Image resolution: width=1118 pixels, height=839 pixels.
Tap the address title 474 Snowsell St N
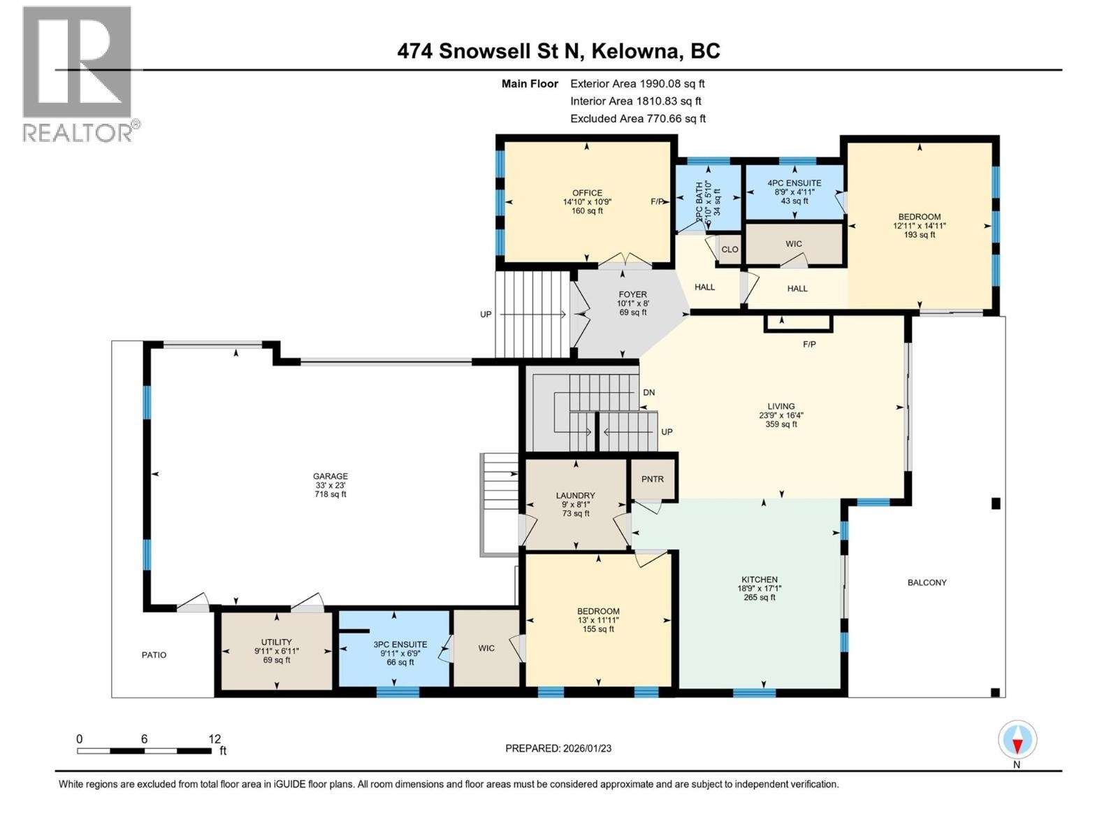(x=558, y=51)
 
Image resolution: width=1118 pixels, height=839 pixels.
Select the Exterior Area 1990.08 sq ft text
(x=637, y=83)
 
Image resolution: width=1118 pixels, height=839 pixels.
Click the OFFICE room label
(x=587, y=193)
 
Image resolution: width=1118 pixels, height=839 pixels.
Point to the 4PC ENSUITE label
(x=794, y=183)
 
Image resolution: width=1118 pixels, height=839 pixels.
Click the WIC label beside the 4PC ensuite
(x=794, y=244)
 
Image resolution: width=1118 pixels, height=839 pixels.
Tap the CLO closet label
(x=729, y=250)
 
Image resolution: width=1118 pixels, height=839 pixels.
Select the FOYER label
(x=632, y=294)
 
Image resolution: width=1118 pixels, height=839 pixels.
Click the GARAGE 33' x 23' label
(x=331, y=485)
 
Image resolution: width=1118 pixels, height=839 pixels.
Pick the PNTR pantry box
(x=653, y=479)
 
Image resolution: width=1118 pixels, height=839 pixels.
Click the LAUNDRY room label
(x=576, y=495)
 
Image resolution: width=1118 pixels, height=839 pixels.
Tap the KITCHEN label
(x=760, y=580)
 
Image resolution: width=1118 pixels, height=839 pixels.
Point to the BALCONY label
(x=927, y=582)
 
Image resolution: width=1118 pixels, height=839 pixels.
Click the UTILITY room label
(x=277, y=642)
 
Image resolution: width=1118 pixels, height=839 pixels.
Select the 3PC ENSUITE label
(x=400, y=645)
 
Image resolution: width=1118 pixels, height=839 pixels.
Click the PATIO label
(x=154, y=655)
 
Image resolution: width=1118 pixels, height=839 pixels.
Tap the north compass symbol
(x=1017, y=740)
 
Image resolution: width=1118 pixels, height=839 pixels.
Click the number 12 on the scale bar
(x=215, y=739)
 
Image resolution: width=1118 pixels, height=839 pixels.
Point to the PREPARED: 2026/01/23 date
(x=558, y=748)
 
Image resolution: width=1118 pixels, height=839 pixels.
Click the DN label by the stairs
(x=649, y=393)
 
